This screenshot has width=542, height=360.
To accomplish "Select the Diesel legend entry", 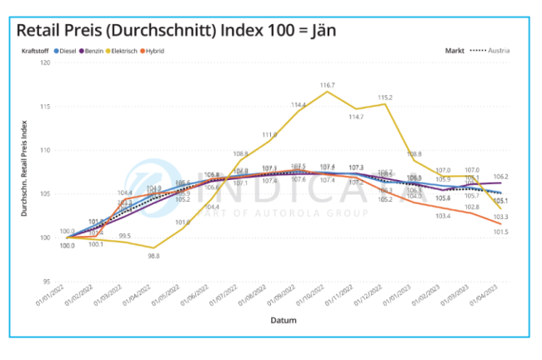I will pyautogui.click(x=69, y=51).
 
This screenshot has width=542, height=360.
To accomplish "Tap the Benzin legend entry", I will pyautogui.click(x=98, y=51).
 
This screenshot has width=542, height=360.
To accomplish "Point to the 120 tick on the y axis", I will pyautogui.click(x=46, y=63).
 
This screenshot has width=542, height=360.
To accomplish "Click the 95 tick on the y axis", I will pyautogui.click(x=48, y=282).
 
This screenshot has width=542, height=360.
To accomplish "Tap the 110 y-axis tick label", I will pyautogui.click(x=46, y=151).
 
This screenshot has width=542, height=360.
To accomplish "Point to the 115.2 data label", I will pyautogui.click(x=384, y=97).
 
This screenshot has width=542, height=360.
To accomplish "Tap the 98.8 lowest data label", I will pyautogui.click(x=153, y=256).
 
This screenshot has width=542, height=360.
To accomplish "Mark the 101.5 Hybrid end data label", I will pyautogui.click(x=499, y=232).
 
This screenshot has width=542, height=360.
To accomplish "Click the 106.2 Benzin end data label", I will pyautogui.click(x=500, y=177).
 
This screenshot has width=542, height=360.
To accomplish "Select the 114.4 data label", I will pyautogui.click(x=298, y=105).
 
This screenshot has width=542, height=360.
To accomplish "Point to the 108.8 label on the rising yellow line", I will pyautogui.click(x=240, y=153).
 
